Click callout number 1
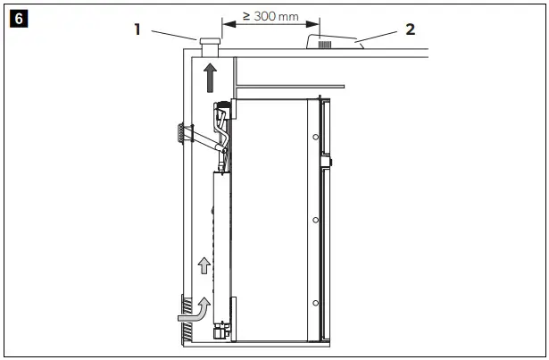click(x=138, y=29)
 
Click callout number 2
click(x=410, y=29)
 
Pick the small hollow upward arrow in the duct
click(x=204, y=264)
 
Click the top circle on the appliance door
click(x=316, y=137)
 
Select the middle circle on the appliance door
click(x=316, y=218)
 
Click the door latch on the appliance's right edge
click(x=329, y=163)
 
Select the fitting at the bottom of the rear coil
click(x=219, y=332)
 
